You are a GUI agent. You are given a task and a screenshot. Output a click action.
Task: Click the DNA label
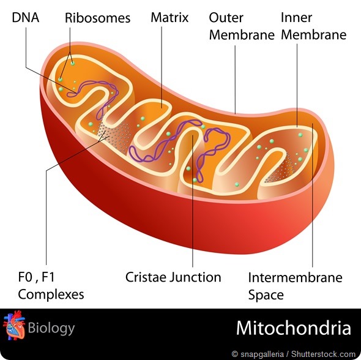coord(25,18)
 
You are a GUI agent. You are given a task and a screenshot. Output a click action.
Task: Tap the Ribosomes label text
coord(98,18)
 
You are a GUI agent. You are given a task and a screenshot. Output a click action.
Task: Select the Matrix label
coord(169,17)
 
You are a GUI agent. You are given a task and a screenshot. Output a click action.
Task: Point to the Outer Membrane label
coord(242,26)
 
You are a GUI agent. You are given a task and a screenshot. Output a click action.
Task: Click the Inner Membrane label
coord(313,26)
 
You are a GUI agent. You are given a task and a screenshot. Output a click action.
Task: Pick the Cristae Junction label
coord(173,277)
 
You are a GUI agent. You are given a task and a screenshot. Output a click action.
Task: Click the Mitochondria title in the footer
coord(294,328)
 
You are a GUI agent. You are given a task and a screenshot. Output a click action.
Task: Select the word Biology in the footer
coord(51,328)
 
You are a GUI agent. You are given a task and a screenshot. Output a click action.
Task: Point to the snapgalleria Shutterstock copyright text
coord(293,354)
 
